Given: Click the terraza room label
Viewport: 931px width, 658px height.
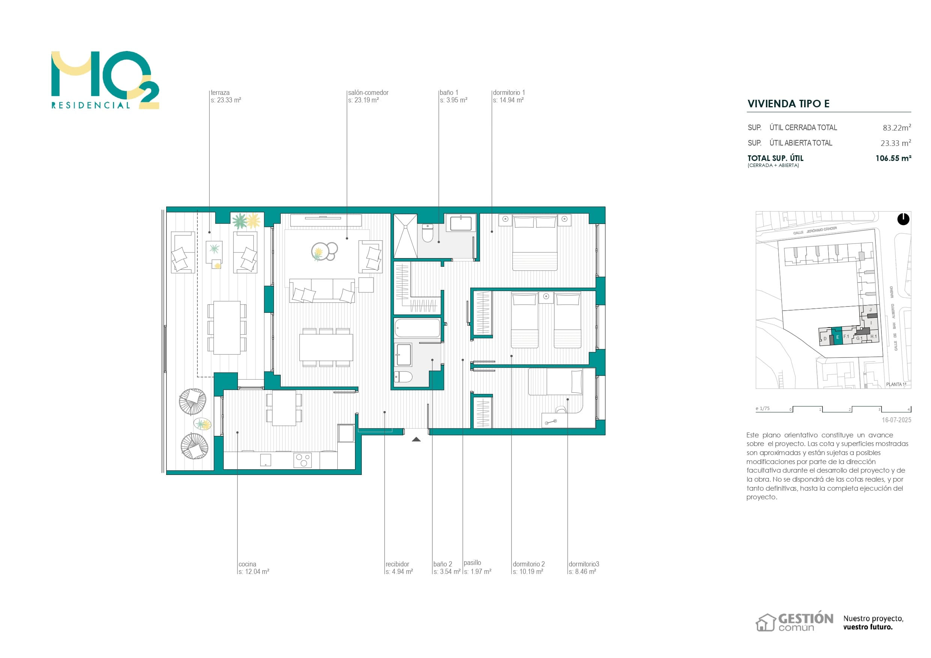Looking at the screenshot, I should point(220,93).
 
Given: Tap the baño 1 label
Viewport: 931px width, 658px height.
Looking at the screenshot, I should point(448,93).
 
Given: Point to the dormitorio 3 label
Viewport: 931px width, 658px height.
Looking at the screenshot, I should point(584,564).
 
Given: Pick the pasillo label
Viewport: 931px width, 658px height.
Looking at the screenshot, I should point(472,563).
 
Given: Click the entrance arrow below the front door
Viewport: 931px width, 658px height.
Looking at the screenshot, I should point(416,439).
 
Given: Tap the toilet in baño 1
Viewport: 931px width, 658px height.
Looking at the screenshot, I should point(428,233).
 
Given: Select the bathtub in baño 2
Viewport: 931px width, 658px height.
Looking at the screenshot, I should point(417,328).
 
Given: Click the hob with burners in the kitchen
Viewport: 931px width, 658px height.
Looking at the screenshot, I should point(302,460).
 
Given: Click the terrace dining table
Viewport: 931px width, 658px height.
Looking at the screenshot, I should point(227,327).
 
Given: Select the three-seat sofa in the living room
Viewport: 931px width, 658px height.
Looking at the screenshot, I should point(322,290).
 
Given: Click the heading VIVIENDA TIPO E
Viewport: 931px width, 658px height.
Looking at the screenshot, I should point(788,104).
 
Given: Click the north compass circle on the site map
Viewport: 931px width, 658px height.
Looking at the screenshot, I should point(903,219).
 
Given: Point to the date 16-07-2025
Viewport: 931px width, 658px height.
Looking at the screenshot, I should point(896,420).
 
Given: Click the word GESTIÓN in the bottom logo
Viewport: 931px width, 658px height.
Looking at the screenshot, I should point(806,619).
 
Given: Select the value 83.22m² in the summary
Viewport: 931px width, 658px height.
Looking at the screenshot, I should point(896,128).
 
